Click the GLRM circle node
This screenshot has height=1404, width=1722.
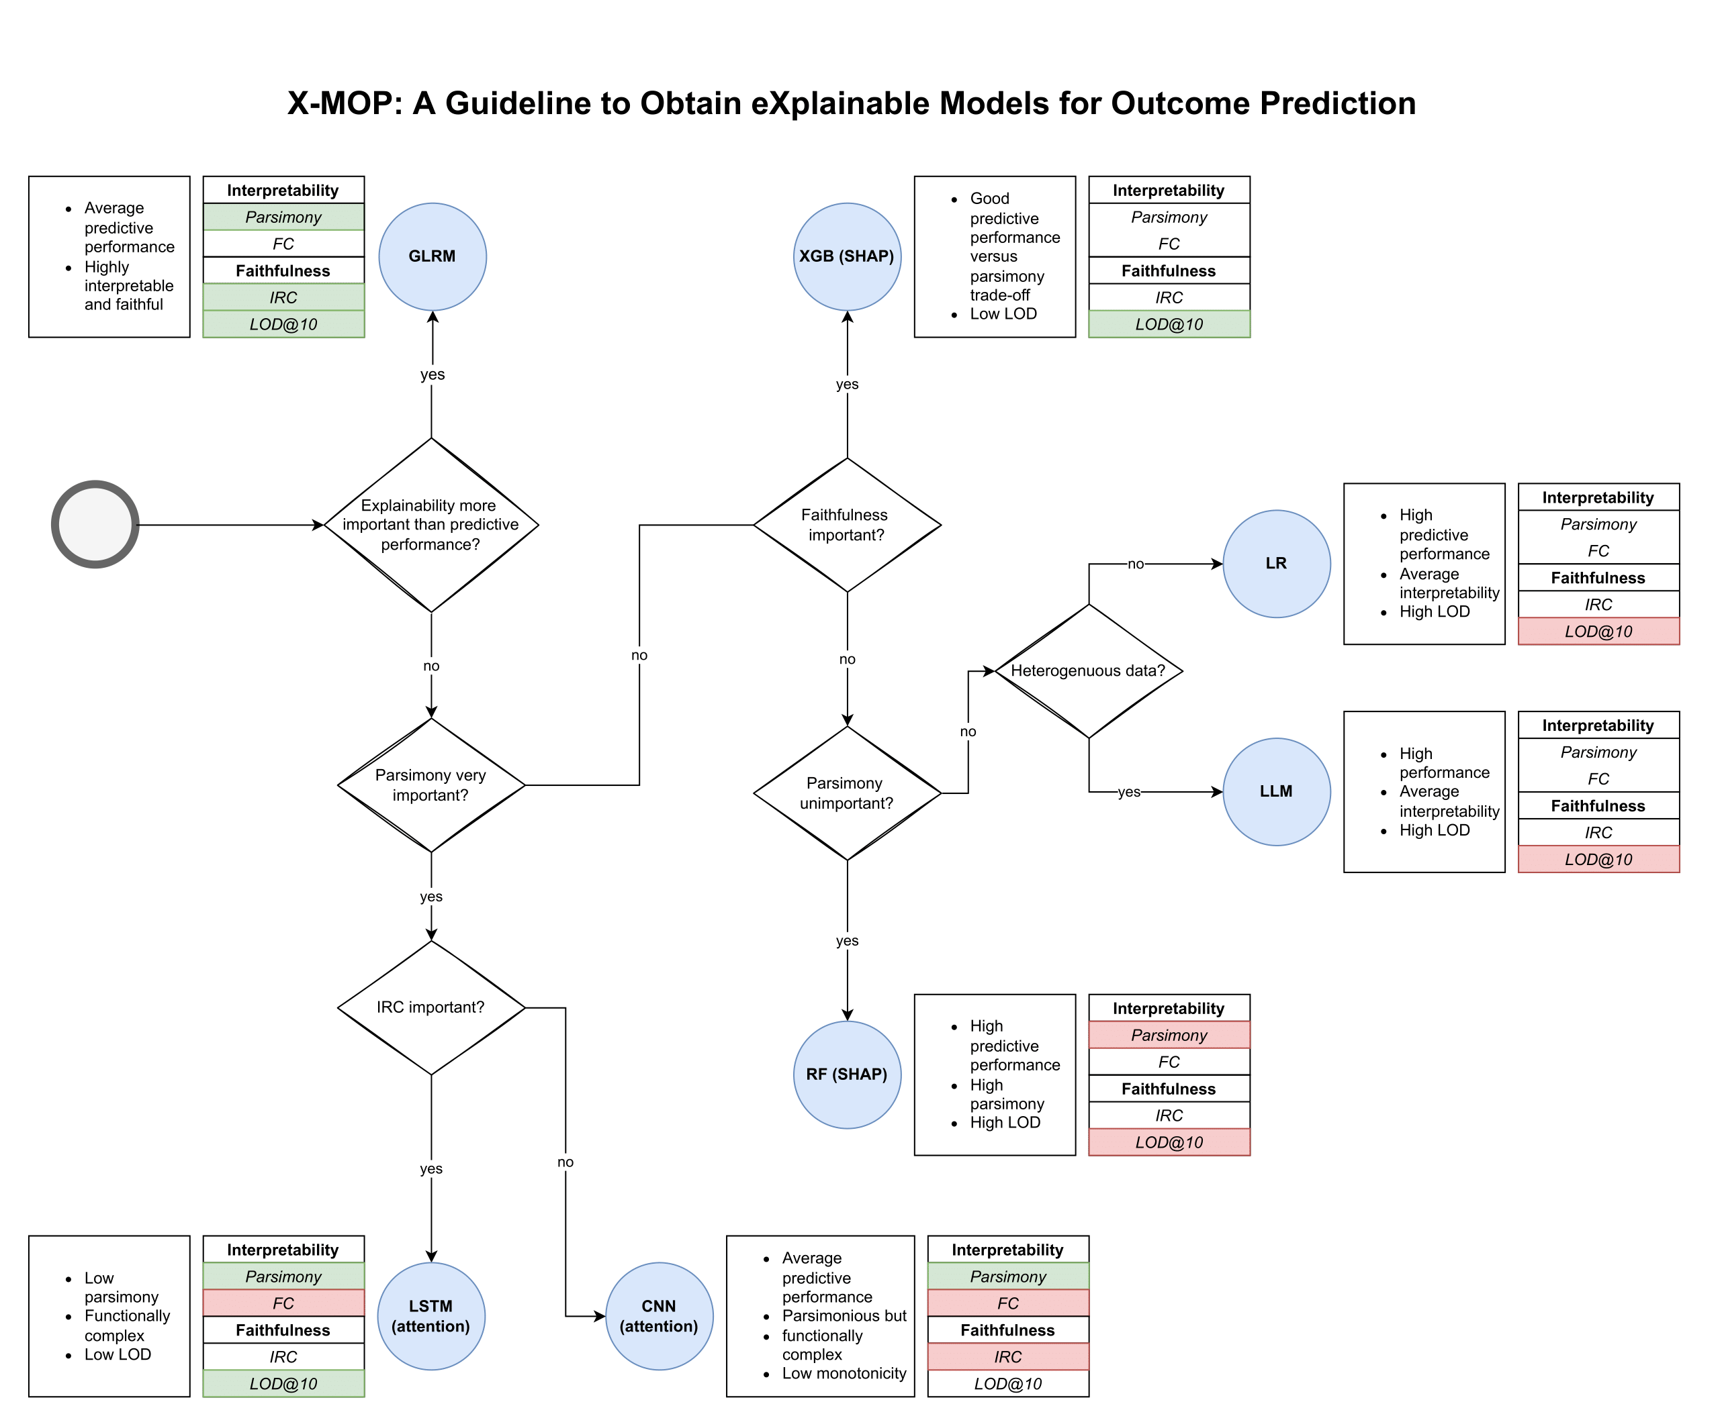[432, 256]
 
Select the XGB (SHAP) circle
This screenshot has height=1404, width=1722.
[846, 256]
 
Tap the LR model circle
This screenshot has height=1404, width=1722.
[1276, 564]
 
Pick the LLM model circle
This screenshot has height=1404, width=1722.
[1276, 792]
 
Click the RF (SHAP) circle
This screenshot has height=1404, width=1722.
[846, 1075]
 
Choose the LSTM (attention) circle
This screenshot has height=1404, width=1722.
[430, 1316]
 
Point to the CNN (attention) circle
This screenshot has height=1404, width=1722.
[659, 1316]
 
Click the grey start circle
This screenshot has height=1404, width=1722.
[95, 525]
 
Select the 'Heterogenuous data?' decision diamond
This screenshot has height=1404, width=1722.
[1089, 670]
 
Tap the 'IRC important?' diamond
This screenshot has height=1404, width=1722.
[430, 1008]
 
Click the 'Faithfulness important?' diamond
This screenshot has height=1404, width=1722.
[846, 525]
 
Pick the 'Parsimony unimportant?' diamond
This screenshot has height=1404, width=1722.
[846, 793]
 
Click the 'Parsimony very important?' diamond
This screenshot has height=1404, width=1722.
[430, 785]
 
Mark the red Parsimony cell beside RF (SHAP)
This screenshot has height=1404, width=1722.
[1169, 1035]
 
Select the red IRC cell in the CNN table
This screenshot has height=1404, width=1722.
[1007, 1356]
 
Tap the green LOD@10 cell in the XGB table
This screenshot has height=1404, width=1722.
[1169, 324]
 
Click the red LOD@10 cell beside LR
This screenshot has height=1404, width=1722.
[1598, 632]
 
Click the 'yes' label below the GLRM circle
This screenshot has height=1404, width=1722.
[432, 374]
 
